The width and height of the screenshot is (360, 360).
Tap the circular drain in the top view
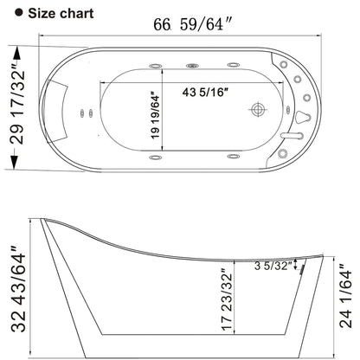pos(257,110)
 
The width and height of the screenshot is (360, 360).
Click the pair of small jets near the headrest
pos(87,110)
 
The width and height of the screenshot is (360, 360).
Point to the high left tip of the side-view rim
pos(42,219)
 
